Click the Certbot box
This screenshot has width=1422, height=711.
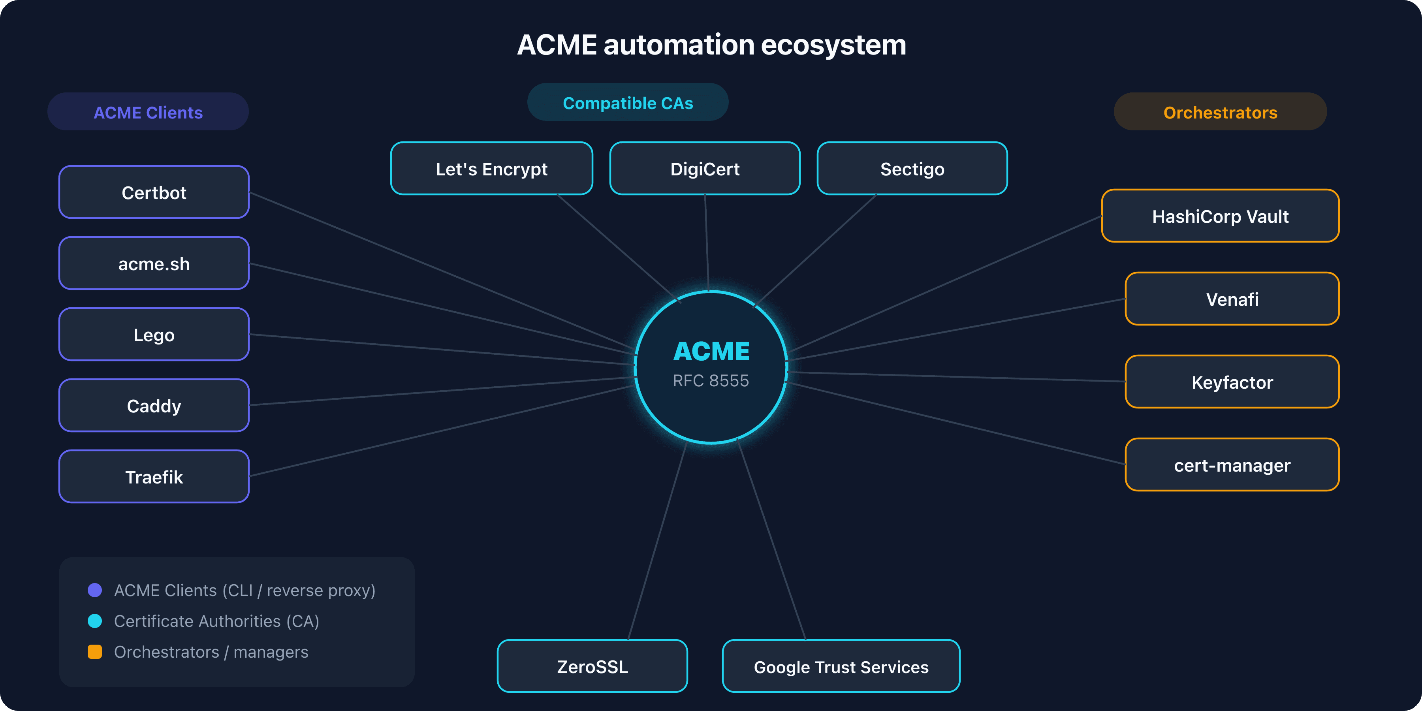tap(154, 192)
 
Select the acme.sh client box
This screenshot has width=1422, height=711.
tap(154, 263)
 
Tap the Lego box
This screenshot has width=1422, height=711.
tap(154, 335)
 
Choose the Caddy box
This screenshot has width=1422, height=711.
tap(154, 406)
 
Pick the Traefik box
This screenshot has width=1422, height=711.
tap(154, 476)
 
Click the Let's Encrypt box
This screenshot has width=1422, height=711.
tap(491, 168)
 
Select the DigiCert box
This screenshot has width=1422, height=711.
tap(705, 168)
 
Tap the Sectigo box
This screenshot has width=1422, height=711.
tap(912, 168)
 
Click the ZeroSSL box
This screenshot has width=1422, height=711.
tap(592, 666)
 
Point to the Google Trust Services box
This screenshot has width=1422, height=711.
tap(841, 666)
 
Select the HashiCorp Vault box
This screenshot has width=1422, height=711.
tap(1220, 216)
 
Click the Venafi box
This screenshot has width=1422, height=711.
tap(1232, 299)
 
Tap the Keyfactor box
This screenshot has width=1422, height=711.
tap(1232, 382)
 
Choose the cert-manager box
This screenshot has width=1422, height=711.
tap(1232, 465)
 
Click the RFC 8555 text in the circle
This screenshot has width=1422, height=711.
tap(711, 380)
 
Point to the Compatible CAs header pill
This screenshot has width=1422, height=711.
tap(628, 103)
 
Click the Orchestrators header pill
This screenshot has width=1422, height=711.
tap(1220, 112)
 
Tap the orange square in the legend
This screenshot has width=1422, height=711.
tap(95, 652)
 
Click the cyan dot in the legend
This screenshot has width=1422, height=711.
tap(95, 621)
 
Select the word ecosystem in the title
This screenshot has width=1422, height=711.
tap(833, 45)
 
